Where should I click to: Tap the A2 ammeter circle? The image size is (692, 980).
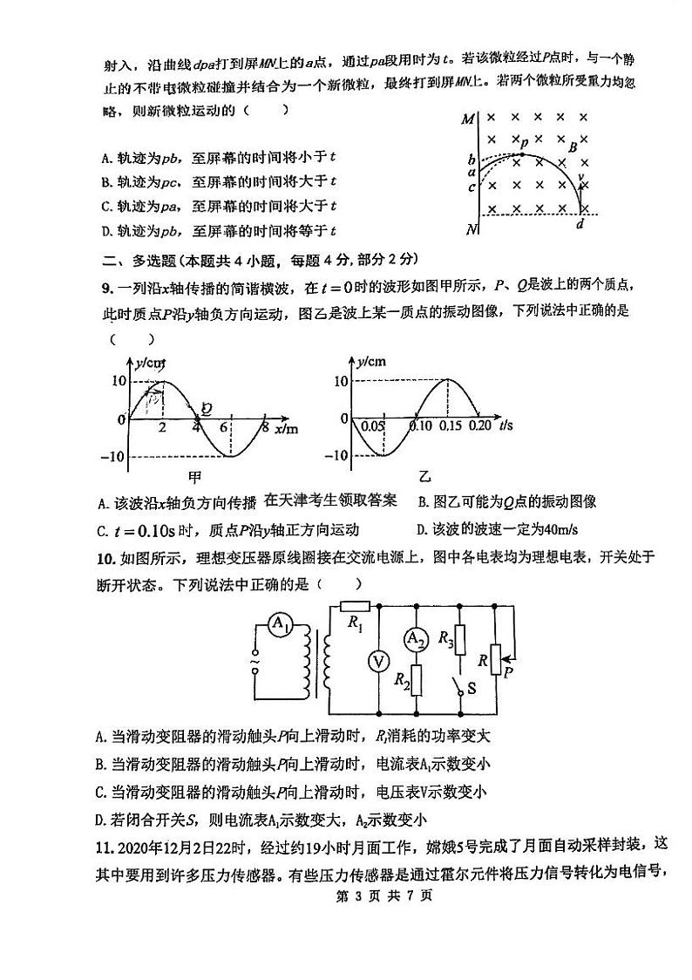pyautogui.click(x=417, y=640)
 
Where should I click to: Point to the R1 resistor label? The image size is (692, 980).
pyautogui.click(x=355, y=623)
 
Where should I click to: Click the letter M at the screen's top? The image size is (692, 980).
pyautogui.click(x=468, y=119)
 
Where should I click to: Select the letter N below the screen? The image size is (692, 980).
pyautogui.click(x=472, y=229)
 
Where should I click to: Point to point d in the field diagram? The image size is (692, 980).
pyautogui.click(x=580, y=224)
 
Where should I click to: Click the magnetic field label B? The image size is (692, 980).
pyautogui.click(x=573, y=147)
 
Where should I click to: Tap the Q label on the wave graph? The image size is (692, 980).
pyautogui.click(x=206, y=407)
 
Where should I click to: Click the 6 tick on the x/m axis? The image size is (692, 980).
pyautogui.click(x=224, y=427)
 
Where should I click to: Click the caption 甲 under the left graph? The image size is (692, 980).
pyautogui.click(x=196, y=476)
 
